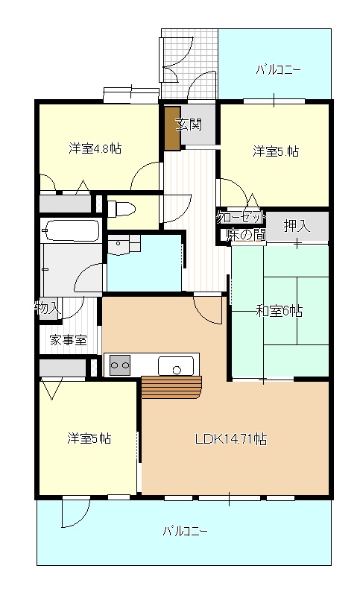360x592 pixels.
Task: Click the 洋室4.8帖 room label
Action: click(x=95, y=148)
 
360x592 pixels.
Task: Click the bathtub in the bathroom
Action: click(x=71, y=231)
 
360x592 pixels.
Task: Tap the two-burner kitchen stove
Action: click(x=120, y=365)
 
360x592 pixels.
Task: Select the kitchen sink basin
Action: click(x=177, y=366)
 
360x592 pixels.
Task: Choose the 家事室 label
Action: click(x=68, y=340)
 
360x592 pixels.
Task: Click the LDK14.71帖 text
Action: click(x=231, y=439)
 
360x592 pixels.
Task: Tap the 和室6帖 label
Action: click(x=280, y=310)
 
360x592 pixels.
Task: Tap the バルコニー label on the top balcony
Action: click(x=278, y=71)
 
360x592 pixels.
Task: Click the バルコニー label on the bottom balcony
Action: click(x=185, y=532)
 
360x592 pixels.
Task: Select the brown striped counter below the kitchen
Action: click(x=172, y=388)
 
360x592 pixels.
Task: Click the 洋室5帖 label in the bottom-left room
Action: click(x=89, y=438)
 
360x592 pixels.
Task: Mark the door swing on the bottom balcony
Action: click(x=74, y=513)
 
